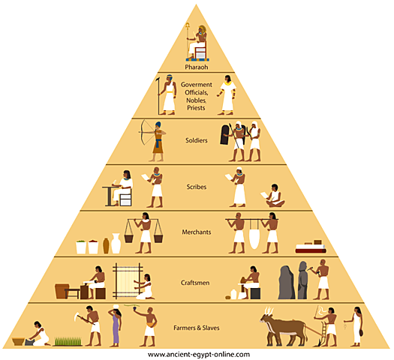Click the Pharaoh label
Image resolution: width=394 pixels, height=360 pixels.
197,66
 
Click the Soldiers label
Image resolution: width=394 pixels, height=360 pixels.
196,139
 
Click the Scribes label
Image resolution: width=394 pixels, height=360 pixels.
196,186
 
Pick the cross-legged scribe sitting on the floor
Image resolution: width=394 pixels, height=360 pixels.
273,196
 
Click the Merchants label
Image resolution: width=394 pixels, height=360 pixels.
196,232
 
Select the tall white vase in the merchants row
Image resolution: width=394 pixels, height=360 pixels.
116,243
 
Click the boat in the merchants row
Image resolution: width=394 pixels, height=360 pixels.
309,247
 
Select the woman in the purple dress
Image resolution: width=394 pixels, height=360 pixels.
115,327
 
